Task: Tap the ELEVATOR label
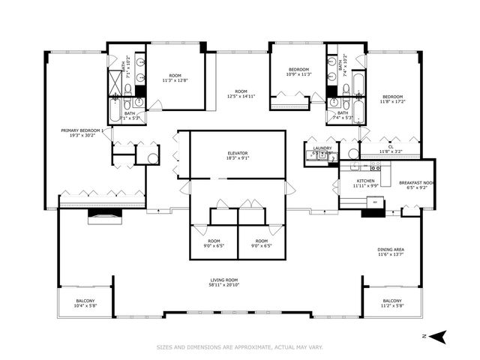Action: pos(238,152)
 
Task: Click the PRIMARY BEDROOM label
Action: pos(82,130)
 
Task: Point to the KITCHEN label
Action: pos(365,181)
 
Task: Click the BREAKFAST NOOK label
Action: pos(416,182)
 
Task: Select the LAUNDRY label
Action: pos(322,148)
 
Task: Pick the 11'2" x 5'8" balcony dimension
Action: pos(392,306)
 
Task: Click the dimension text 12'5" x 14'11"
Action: pos(241,96)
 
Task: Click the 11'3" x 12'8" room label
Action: pos(175,80)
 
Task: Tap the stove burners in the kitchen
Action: pos(375,169)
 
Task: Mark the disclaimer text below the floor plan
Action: pos(239,347)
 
